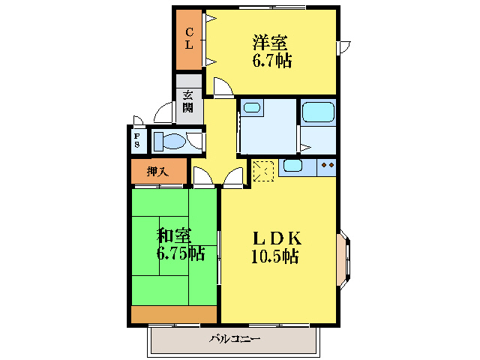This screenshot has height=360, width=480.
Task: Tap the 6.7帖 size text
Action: [x=271, y=61]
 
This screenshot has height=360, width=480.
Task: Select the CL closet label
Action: [x=189, y=38]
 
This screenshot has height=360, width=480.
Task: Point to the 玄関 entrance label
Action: [x=188, y=101]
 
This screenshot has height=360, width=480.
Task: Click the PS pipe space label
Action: [x=137, y=140]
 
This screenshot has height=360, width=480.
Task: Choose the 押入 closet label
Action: [x=157, y=172]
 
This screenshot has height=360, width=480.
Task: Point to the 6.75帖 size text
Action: [x=180, y=253]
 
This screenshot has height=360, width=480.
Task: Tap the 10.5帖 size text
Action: [x=275, y=257]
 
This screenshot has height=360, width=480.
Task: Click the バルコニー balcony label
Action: [x=234, y=340]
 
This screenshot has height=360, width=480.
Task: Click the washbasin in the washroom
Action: [x=251, y=108]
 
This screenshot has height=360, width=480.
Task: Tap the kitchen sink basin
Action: [x=292, y=166]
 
